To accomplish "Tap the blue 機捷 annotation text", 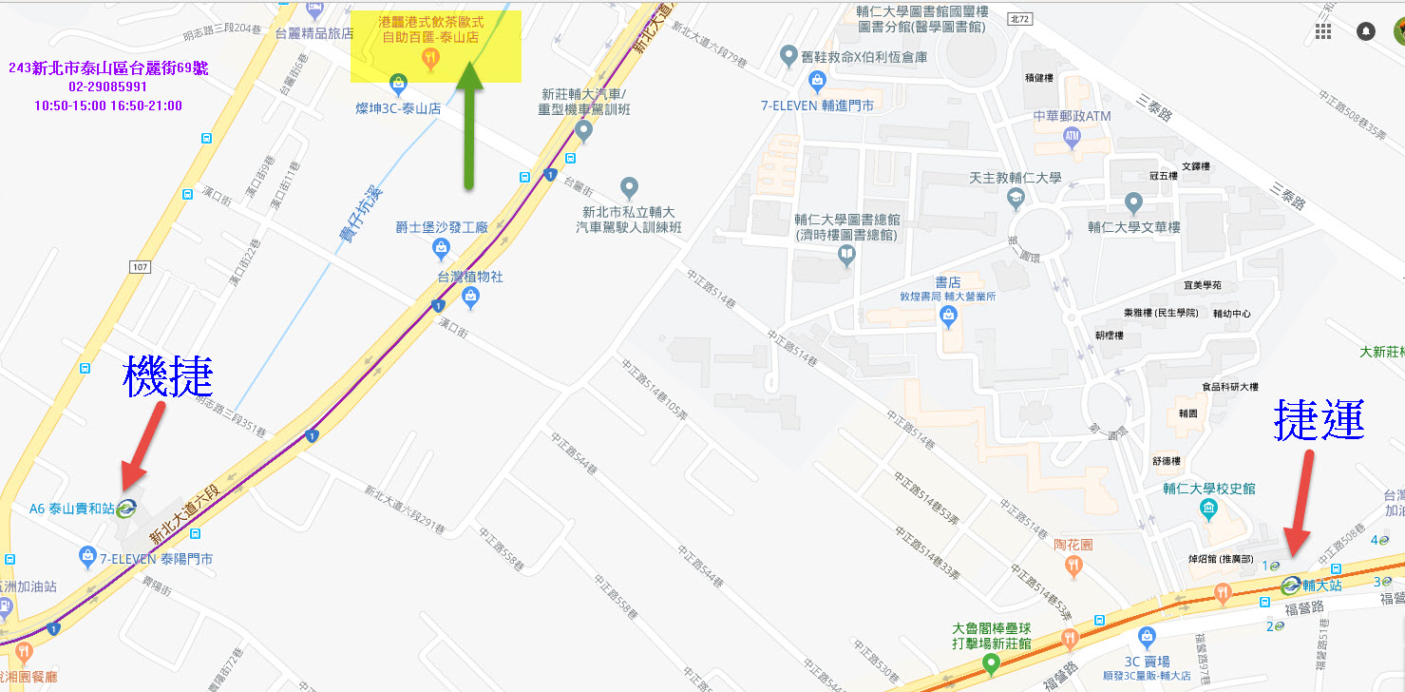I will [168, 377].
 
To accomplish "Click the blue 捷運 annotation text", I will [1320, 419].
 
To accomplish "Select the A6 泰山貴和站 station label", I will [72, 509].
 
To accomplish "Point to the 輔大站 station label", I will [1321, 586].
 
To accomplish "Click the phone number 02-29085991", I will [107, 86].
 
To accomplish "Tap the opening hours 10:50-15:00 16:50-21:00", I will [107, 106].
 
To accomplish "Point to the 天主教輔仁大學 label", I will [1015, 179].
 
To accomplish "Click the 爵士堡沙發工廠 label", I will [442, 227].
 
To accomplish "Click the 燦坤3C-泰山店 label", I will [399, 108].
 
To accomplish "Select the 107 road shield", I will [141, 267].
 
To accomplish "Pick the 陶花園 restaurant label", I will [1073, 545].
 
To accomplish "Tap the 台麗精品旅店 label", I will [314, 32].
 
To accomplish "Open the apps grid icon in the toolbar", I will [1323, 31].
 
